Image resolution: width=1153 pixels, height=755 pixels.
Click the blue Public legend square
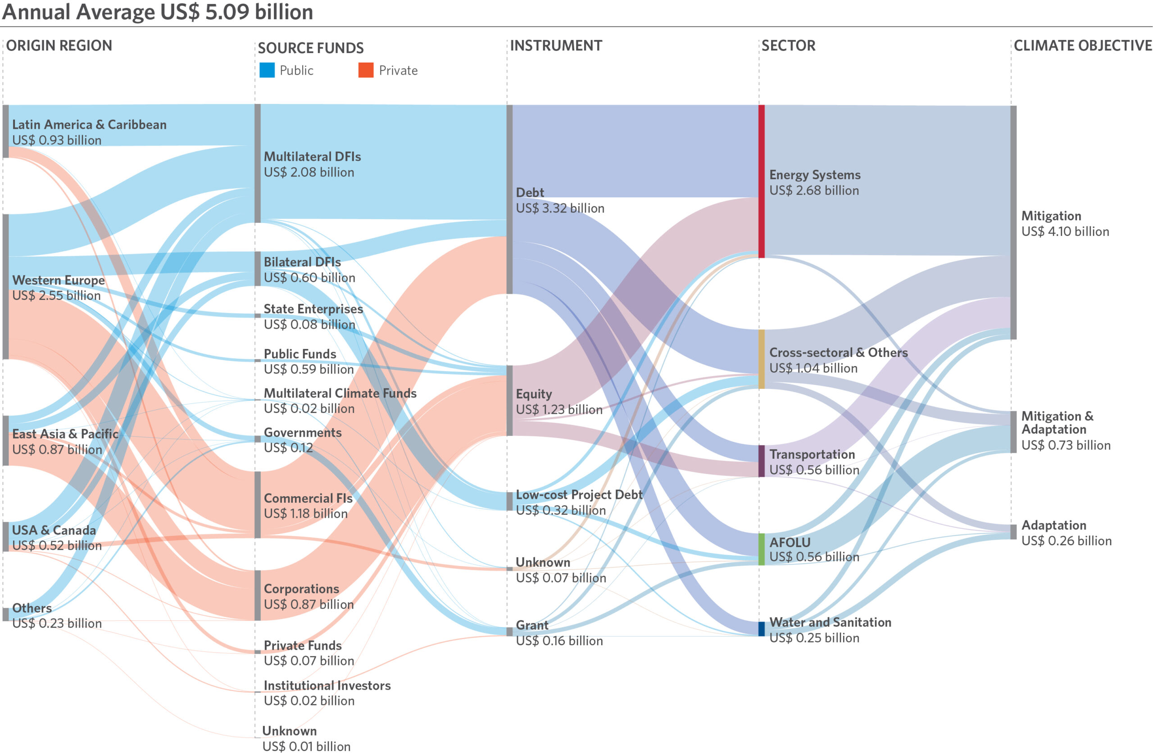coord(267,70)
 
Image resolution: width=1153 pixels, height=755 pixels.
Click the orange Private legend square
coord(366,70)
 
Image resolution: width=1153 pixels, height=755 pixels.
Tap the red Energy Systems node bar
coord(762,181)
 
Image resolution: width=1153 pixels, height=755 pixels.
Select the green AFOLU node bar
coord(762,549)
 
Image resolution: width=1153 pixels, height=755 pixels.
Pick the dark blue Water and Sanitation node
coord(762,628)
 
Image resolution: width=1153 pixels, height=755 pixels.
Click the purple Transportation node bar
coord(762,461)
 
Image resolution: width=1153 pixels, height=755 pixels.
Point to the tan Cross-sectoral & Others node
coord(762,359)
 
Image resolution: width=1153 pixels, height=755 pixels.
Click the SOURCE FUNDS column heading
coord(310,48)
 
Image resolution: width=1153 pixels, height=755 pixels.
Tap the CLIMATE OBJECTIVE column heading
coord(1082,45)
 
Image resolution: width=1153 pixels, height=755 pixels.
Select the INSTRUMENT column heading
coord(556,45)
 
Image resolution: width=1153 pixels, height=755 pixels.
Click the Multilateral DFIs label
coord(312,156)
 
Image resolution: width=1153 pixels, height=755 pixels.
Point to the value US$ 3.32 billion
coord(560,208)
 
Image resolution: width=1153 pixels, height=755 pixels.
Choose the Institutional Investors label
coord(327,685)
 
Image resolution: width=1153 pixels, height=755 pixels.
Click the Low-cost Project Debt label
coord(579,494)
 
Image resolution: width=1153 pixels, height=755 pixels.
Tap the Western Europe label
coord(58,280)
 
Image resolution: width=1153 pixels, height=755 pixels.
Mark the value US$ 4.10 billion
coord(1065,231)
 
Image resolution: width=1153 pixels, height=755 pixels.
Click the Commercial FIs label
coord(308,498)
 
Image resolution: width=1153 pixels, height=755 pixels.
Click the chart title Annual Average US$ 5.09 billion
coord(158,12)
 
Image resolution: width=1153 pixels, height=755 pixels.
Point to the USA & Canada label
coord(54,530)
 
